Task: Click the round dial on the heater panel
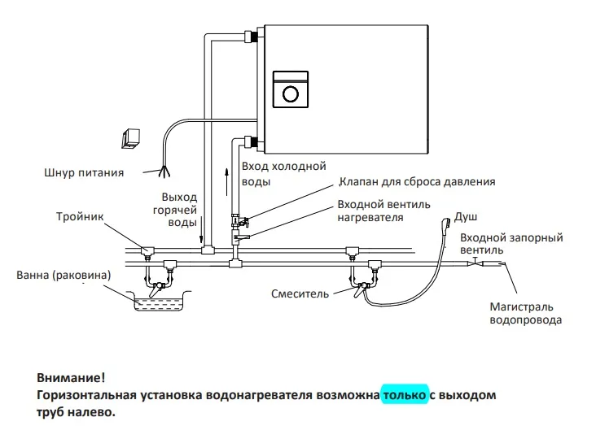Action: click(x=290, y=93)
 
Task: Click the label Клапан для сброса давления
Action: click(x=416, y=182)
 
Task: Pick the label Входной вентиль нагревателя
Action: click(x=384, y=211)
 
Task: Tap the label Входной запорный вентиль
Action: click(x=511, y=244)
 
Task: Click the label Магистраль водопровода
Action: click(x=522, y=313)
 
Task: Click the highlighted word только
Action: click(x=405, y=395)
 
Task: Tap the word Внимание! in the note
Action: click(x=71, y=379)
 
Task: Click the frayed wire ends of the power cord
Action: click(x=165, y=170)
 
